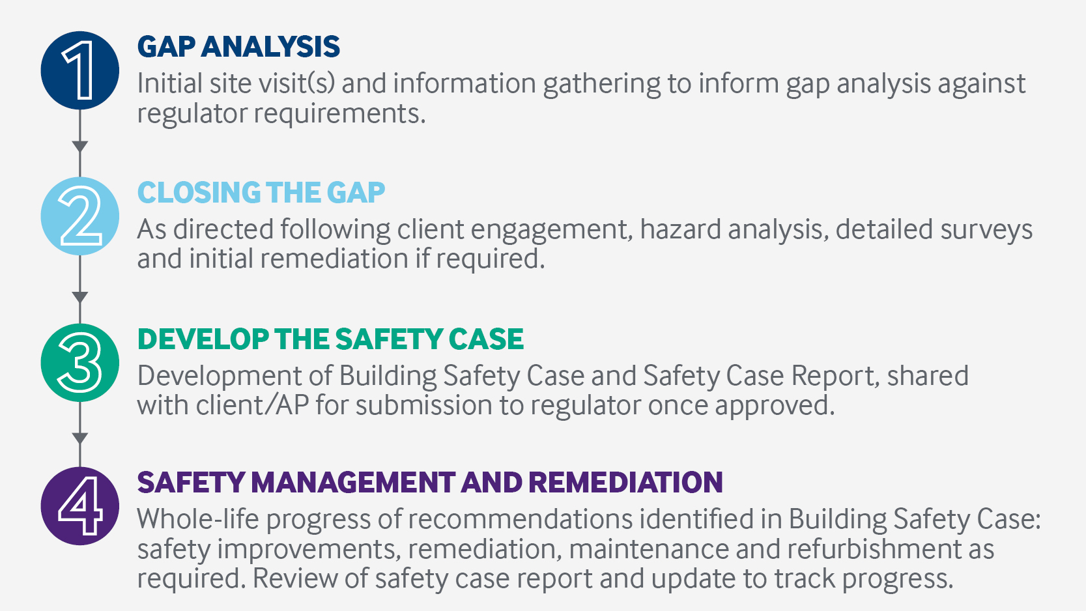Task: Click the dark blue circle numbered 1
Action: (79, 70)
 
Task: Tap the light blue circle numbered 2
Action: (79, 216)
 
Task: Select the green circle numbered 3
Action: (79, 363)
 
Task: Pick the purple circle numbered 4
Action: (79, 506)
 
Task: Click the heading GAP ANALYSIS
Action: (238, 47)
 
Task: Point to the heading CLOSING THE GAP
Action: (261, 193)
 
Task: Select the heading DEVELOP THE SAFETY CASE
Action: (330, 339)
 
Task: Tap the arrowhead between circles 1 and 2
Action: (79, 147)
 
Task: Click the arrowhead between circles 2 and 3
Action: (79, 297)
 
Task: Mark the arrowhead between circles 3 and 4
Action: (79, 438)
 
